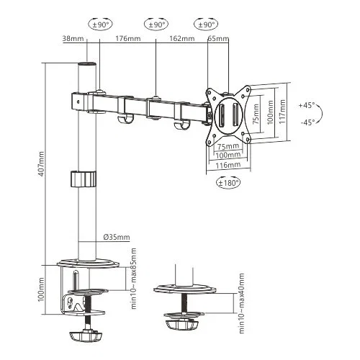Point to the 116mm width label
pyautogui.click(x=228, y=165)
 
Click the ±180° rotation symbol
pyautogui.click(x=228, y=182)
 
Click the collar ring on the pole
pyautogui.click(x=84, y=178)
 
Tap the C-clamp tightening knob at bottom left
pyautogui.click(x=84, y=336)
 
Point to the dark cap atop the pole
pyautogui.click(x=87, y=66)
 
